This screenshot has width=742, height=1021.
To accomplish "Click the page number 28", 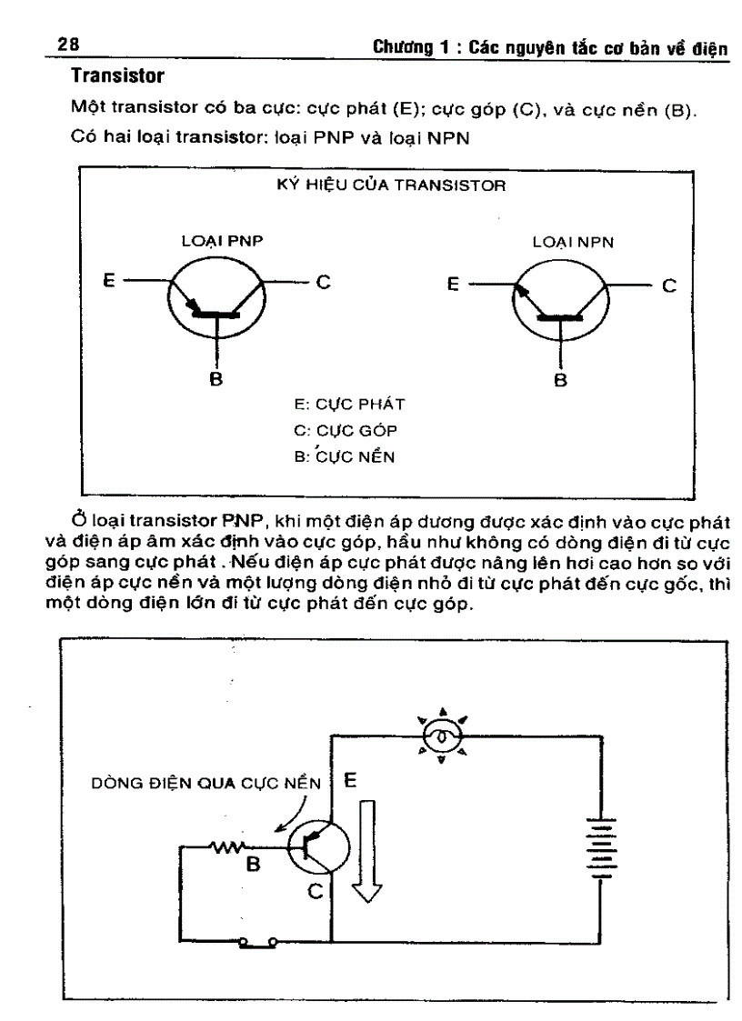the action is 67,43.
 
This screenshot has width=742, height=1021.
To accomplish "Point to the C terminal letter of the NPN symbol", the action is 668,285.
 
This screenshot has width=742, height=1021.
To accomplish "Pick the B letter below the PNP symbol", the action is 216,379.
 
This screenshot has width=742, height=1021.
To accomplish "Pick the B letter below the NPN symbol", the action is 561,379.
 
